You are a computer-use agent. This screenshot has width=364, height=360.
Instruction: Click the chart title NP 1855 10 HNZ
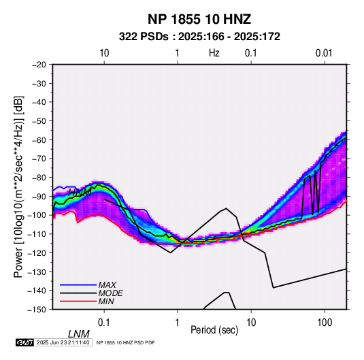(x=199, y=19)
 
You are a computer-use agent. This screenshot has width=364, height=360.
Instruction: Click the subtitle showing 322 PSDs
(x=199, y=37)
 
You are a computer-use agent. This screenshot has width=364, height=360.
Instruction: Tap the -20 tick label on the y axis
(x=39, y=65)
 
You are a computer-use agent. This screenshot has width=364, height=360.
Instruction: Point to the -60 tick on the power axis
(x=39, y=140)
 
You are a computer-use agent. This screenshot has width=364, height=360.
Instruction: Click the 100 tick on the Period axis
(x=325, y=323)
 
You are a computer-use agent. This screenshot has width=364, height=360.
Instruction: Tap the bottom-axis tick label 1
(x=178, y=323)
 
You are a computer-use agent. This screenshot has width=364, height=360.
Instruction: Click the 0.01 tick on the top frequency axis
(x=324, y=53)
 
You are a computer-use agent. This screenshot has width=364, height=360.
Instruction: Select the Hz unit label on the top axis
(x=214, y=53)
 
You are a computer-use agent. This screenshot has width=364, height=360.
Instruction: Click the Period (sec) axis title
(x=214, y=330)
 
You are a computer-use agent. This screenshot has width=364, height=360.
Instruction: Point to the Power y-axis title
(x=18, y=187)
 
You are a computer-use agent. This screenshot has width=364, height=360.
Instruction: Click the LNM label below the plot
(x=79, y=334)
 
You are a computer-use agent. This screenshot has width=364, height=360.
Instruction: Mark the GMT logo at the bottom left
(x=25, y=342)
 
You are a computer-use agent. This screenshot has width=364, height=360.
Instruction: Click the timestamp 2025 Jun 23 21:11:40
(x=63, y=342)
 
